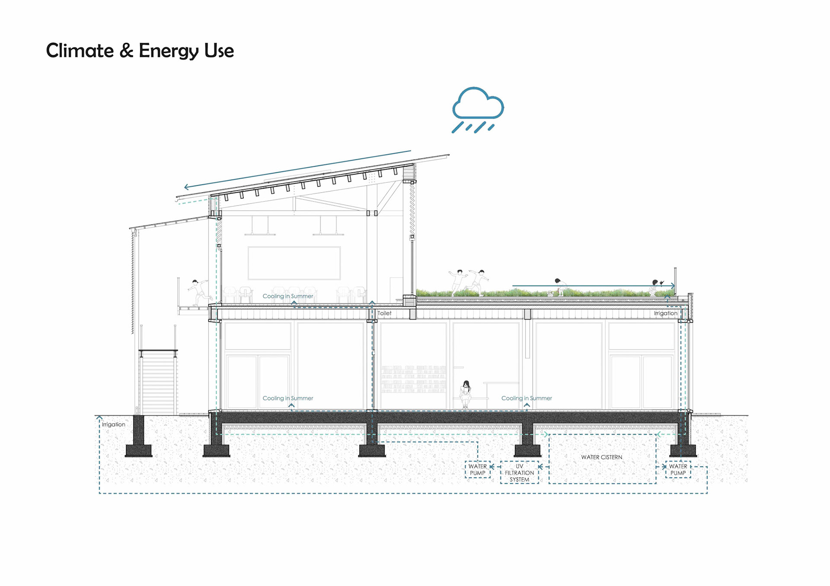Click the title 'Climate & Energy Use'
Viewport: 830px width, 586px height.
(x=140, y=51)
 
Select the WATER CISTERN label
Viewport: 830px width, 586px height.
(x=601, y=457)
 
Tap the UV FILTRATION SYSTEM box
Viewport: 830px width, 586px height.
(x=519, y=472)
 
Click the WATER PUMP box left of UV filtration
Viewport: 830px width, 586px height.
(x=478, y=469)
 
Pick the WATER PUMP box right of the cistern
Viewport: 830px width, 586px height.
(x=678, y=469)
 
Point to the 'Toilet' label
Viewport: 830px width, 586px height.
(x=384, y=313)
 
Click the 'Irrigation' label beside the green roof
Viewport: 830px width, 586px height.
(x=665, y=313)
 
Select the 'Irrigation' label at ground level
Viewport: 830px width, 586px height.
(x=114, y=424)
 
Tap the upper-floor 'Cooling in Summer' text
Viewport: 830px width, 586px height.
(x=288, y=296)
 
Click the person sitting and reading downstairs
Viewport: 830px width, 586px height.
(x=466, y=394)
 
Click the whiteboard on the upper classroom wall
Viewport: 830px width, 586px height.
(x=294, y=263)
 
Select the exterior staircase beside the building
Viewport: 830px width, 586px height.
(x=158, y=382)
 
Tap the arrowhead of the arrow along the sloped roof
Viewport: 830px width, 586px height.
(x=186, y=187)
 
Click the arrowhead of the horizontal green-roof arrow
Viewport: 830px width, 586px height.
(x=673, y=285)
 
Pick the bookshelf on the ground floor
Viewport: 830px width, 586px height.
(x=414, y=379)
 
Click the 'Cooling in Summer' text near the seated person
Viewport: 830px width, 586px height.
(x=527, y=398)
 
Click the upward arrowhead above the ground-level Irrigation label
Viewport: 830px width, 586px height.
(x=99, y=418)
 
